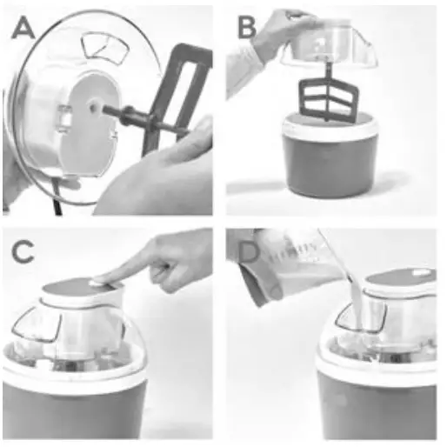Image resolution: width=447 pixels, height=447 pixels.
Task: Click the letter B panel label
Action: [248, 29]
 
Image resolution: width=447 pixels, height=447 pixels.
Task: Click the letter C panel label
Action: [23, 252]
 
